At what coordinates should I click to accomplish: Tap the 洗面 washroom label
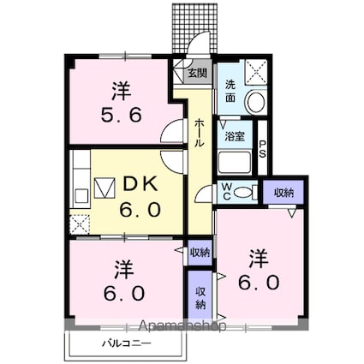(x=232, y=92)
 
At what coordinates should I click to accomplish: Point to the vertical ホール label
(x=200, y=132)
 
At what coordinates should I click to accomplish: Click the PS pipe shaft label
(x=263, y=149)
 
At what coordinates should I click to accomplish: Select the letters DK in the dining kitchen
(x=140, y=182)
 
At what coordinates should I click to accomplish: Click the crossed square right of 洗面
(x=255, y=71)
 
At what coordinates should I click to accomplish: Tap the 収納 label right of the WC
(x=283, y=193)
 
